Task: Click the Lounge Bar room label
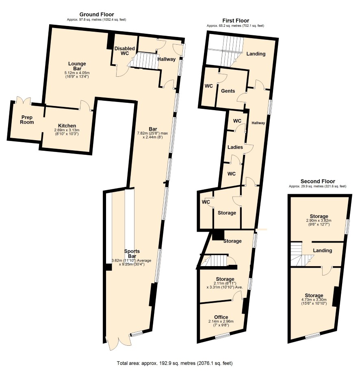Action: (x=77, y=66)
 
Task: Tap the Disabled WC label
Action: (x=124, y=51)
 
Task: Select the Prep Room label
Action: (x=27, y=120)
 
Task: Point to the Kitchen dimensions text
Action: (x=67, y=132)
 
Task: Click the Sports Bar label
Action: (x=132, y=254)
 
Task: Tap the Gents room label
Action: (x=228, y=91)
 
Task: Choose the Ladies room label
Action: (x=235, y=147)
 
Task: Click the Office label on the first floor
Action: (x=221, y=317)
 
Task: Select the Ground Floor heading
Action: (x=97, y=14)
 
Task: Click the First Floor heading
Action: (x=236, y=21)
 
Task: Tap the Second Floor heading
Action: (x=318, y=181)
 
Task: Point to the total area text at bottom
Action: (x=175, y=363)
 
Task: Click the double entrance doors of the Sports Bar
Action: (x=118, y=343)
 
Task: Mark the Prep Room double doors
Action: (x=24, y=101)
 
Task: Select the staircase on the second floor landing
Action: (x=299, y=254)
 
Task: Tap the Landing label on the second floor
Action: (x=322, y=250)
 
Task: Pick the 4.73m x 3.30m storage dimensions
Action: (x=314, y=301)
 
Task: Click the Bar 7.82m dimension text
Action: (x=152, y=135)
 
